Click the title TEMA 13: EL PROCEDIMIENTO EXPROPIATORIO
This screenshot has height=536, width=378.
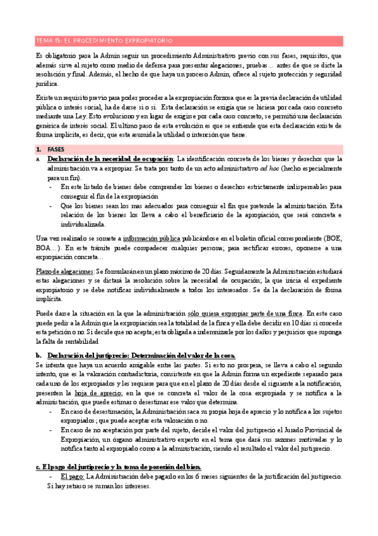point(104,40)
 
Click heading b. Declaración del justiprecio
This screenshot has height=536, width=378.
point(135,355)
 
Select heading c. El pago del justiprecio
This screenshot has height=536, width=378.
point(118,466)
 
